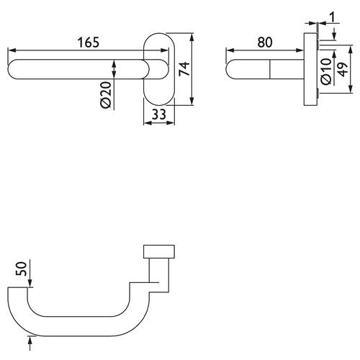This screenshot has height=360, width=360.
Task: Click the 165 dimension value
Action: click(89, 42)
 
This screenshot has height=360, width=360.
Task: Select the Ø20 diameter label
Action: click(106, 95)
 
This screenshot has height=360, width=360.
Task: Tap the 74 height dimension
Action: click(184, 69)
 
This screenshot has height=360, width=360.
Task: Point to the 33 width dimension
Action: click(159, 114)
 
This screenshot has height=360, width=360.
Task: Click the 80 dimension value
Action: click(265, 42)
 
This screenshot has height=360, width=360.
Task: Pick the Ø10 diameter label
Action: click(326, 71)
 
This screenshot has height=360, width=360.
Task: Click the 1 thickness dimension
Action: click(333, 17)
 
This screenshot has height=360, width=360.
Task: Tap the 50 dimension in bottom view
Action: click(21, 269)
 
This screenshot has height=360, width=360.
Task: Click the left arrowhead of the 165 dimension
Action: click(12, 50)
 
